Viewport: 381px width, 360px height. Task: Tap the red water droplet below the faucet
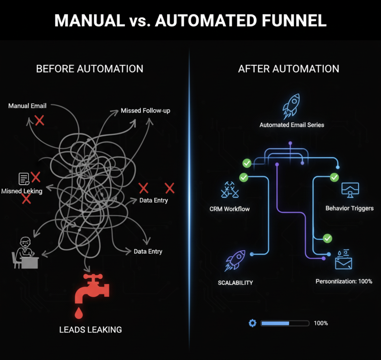pos(79,313)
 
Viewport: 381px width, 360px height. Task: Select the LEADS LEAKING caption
pos(90,330)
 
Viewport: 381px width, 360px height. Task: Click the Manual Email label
pos(27,106)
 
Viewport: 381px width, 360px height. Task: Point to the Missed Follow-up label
pos(146,110)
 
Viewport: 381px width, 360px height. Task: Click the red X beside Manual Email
pos(39,121)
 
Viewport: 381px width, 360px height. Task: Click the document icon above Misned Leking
pos(24,179)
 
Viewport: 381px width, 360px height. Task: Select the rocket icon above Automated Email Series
pos(291,107)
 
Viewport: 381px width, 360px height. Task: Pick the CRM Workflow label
pos(230,209)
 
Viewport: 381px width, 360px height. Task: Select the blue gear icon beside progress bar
pos(252,323)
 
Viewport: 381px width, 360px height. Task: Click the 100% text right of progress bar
pos(321,323)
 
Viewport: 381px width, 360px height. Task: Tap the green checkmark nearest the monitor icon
pos(334,178)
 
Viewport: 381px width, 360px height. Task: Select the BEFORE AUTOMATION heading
pos(90,69)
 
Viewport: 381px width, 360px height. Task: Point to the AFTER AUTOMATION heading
pos(289,69)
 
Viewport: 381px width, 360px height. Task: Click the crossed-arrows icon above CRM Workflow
pos(230,190)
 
